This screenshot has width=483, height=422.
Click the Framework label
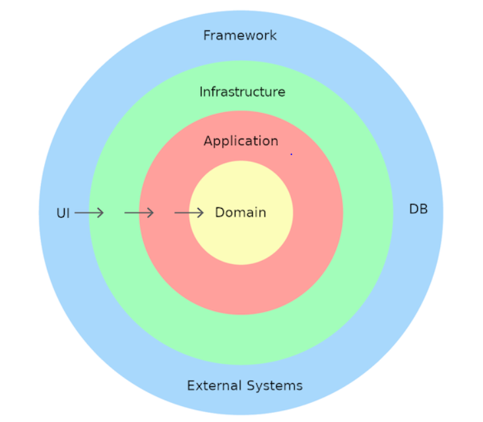point(240,36)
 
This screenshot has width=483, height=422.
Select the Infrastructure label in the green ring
point(242,92)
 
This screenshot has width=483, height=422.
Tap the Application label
point(241,142)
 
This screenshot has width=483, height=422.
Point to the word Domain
point(240,213)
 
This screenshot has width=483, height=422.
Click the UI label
point(63,213)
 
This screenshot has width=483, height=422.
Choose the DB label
point(418,209)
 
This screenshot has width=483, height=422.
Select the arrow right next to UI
point(89,213)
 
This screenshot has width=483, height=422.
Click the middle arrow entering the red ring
point(139,213)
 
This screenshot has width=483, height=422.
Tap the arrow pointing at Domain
point(189,213)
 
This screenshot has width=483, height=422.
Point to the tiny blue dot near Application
point(291,154)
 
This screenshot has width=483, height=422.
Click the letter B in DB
point(423,209)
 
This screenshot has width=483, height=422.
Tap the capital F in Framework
point(207,36)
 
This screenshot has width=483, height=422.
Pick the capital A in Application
point(209,141)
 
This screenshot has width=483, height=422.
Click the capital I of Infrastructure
point(201,92)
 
